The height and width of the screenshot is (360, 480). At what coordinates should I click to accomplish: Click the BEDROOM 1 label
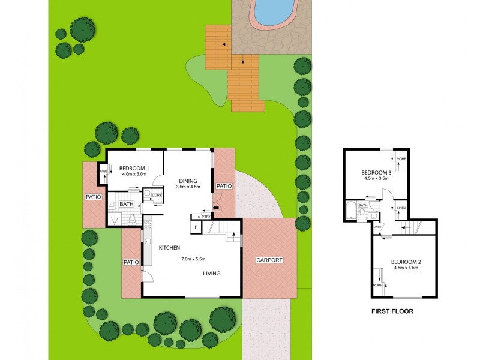(x=134, y=168)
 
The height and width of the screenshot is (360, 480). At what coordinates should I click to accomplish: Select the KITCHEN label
(x=170, y=248)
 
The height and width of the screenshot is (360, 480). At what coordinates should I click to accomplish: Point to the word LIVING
(x=211, y=274)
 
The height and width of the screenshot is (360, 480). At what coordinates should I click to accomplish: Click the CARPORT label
(x=269, y=260)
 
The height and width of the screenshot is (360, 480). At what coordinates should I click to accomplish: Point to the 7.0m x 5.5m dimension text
(x=194, y=259)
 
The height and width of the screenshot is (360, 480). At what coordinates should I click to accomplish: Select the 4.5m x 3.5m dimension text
(x=377, y=179)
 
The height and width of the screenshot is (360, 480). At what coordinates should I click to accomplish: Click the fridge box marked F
(x=195, y=227)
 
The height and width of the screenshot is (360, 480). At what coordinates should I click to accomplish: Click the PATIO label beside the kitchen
(x=131, y=262)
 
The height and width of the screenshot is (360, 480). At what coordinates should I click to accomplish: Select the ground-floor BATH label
(x=127, y=204)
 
